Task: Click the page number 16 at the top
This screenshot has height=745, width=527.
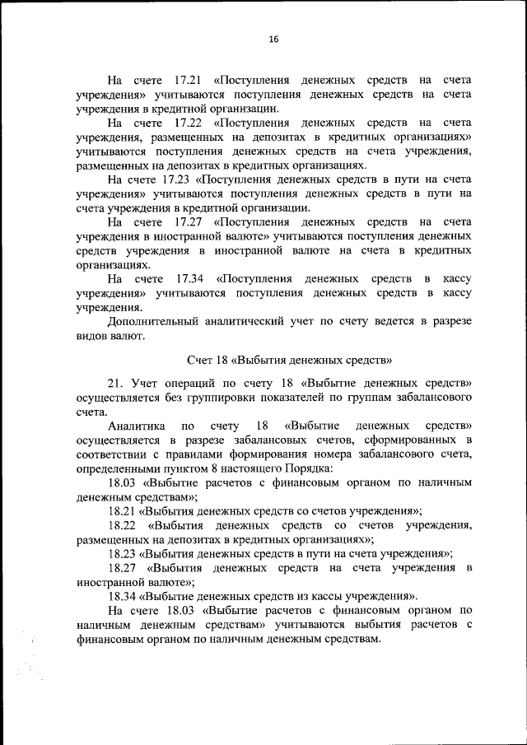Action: pyautogui.click(x=274, y=39)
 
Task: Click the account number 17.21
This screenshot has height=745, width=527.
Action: pyautogui.click(x=189, y=81)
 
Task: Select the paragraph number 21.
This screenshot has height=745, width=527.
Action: pyautogui.click(x=114, y=383)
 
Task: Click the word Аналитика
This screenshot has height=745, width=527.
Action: pyautogui.click(x=136, y=426)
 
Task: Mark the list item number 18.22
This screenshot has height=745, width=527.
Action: pyautogui.click(x=124, y=524)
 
